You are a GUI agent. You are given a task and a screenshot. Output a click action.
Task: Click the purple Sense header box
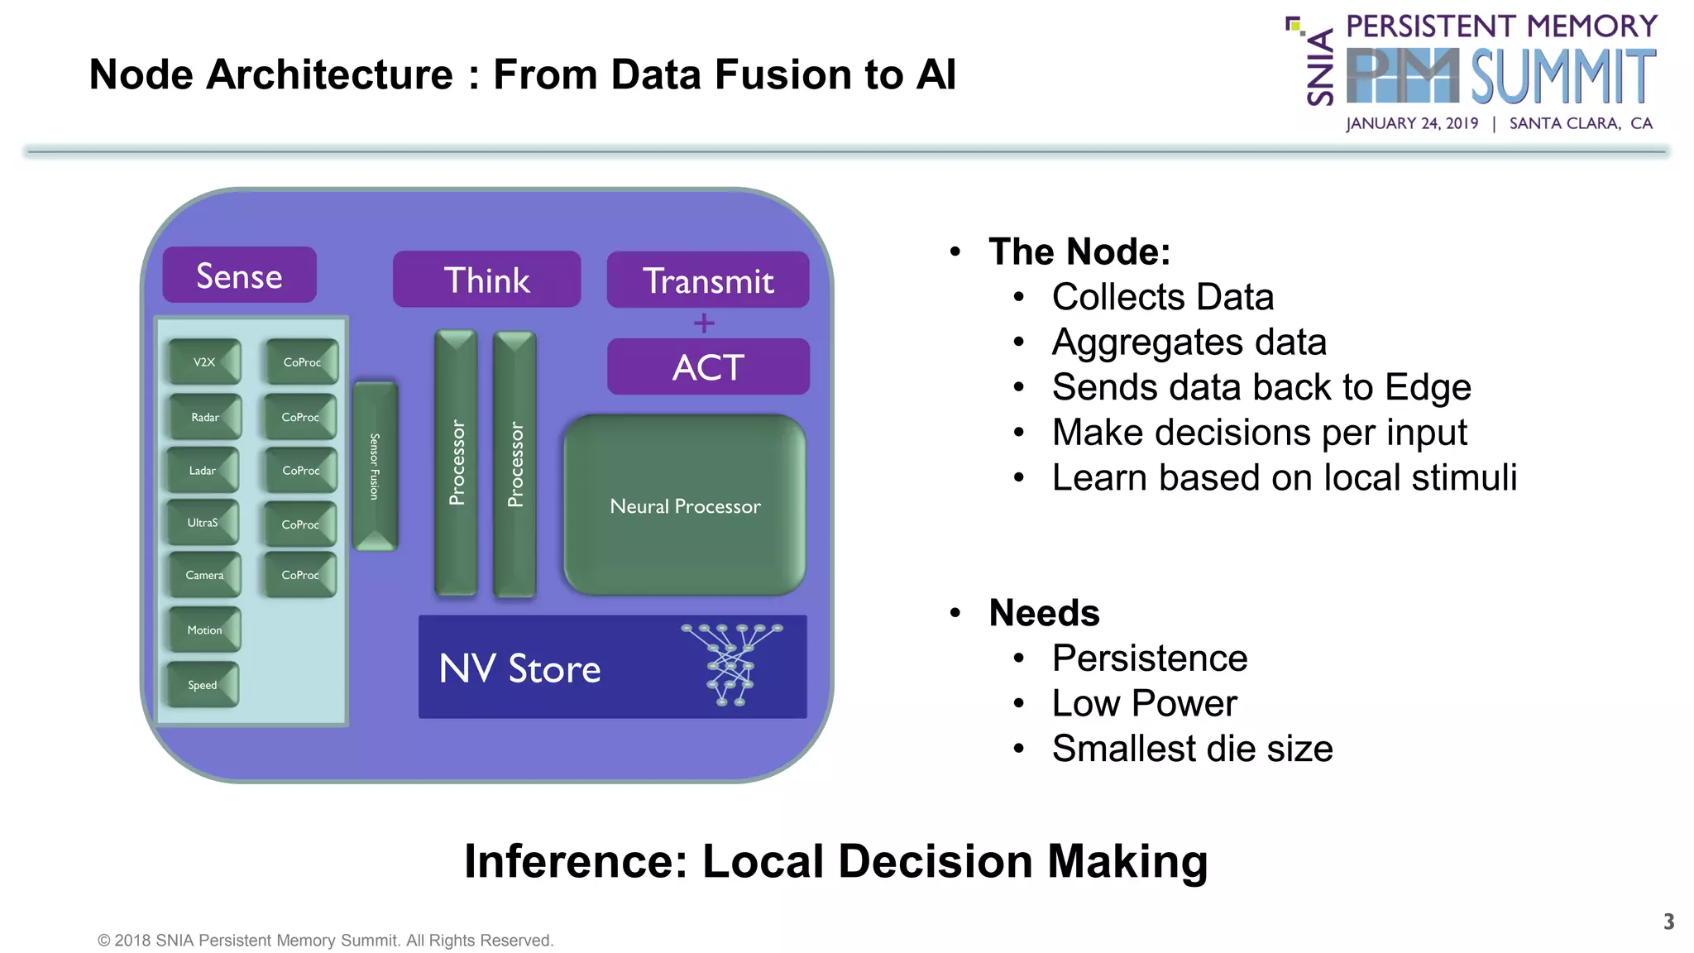click(x=239, y=275)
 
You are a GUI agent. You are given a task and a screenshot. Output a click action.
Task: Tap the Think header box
click(x=486, y=280)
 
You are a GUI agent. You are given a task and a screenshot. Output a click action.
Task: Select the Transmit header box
click(x=707, y=280)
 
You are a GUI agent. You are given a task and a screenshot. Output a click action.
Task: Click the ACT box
click(x=708, y=366)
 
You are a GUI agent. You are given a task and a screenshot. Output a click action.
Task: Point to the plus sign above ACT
click(x=704, y=323)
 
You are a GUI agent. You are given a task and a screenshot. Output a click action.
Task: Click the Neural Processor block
click(x=685, y=505)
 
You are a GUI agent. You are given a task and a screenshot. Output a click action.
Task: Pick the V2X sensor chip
click(x=204, y=362)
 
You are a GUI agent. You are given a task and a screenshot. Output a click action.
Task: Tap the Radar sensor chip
click(x=204, y=417)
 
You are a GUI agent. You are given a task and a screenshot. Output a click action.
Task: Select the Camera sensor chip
click(x=204, y=575)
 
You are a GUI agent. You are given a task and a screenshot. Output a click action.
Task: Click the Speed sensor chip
click(x=203, y=685)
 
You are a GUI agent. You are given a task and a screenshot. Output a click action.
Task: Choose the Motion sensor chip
click(x=204, y=630)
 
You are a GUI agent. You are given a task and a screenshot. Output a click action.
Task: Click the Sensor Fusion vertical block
click(x=375, y=467)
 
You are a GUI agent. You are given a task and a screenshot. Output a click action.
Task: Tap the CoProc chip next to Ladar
click(x=300, y=470)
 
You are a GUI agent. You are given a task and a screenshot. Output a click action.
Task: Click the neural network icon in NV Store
click(x=731, y=664)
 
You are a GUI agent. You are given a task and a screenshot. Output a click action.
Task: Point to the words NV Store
click(x=519, y=668)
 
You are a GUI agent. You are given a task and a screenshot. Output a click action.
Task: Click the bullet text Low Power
click(x=1144, y=703)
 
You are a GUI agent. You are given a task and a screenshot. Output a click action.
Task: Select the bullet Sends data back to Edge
click(x=1261, y=387)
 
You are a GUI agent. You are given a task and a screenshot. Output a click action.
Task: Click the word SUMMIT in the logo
click(x=1563, y=76)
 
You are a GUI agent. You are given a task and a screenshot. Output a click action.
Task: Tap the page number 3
click(x=1668, y=922)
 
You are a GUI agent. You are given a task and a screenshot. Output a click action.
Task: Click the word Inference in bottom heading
click(x=576, y=861)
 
